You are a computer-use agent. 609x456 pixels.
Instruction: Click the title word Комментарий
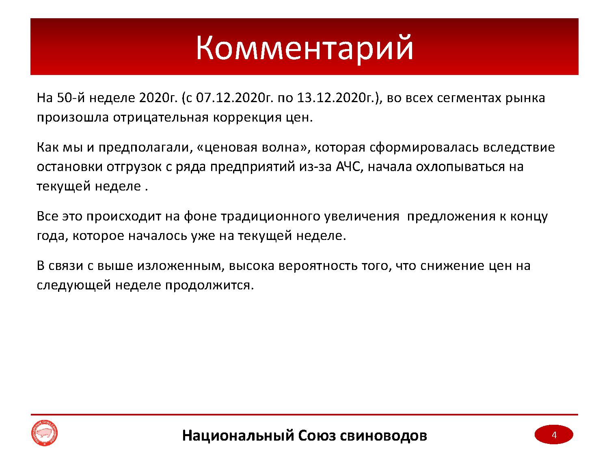click(x=304, y=49)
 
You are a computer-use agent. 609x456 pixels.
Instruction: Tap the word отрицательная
click(x=160, y=118)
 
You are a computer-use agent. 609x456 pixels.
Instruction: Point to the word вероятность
click(x=317, y=266)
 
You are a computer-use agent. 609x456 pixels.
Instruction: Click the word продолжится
click(x=209, y=285)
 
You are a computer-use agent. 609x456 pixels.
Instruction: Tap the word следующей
click(x=74, y=285)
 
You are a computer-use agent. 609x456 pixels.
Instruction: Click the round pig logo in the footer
click(x=44, y=433)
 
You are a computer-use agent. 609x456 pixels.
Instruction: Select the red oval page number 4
click(x=554, y=435)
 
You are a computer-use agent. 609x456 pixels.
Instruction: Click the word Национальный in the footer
click(x=238, y=435)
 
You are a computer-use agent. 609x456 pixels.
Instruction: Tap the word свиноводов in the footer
click(x=383, y=435)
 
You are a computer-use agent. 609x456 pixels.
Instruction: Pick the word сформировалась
click(x=424, y=147)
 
